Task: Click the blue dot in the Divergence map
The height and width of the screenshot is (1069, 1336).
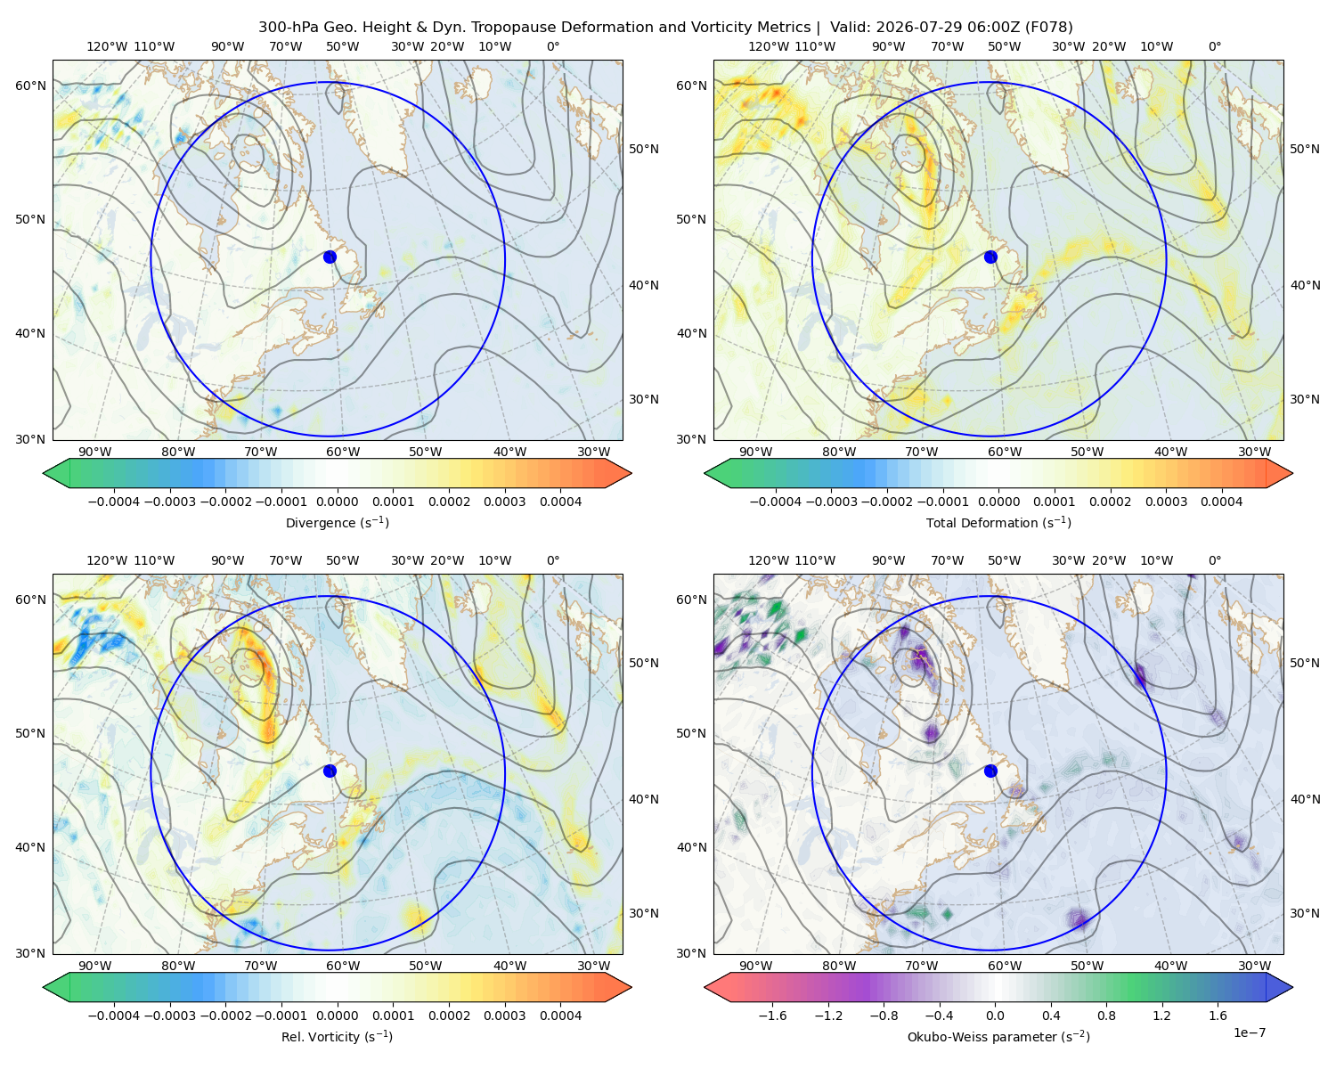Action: [x=330, y=257]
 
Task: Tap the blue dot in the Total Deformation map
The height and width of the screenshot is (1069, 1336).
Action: [x=990, y=257]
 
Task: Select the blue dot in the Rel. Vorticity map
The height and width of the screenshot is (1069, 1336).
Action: [x=330, y=771]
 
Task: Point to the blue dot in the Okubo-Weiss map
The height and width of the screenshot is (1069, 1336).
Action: [x=990, y=771]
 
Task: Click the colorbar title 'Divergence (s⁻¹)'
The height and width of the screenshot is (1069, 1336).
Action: [x=337, y=522]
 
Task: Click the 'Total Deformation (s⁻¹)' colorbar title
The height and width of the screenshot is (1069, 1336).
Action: [x=998, y=522]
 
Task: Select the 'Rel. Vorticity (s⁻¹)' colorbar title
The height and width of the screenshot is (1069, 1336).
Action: [x=337, y=1036]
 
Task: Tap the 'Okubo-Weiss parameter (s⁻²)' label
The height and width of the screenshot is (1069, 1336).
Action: [x=998, y=1036]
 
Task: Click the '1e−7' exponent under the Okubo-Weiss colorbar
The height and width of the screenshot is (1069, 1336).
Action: [x=1249, y=1032]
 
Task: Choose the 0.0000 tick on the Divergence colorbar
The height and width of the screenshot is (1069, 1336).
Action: [x=337, y=502]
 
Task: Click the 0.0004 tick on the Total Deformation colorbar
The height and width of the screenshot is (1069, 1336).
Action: [x=1221, y=502]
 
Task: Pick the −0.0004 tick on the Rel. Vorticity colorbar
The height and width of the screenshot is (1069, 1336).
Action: [x=114, y=1015]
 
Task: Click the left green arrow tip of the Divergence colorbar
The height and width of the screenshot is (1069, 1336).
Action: [x=44, y=473]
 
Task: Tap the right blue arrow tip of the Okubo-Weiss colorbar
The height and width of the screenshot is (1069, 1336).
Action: [x=1292, y=987]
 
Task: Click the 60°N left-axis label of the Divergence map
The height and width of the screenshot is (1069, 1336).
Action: [x=30, y=86]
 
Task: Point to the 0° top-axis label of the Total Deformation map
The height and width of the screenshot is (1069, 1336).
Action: [x=1214, y=46]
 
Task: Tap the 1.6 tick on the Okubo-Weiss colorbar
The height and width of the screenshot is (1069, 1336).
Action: [x=1218, y=1015]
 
